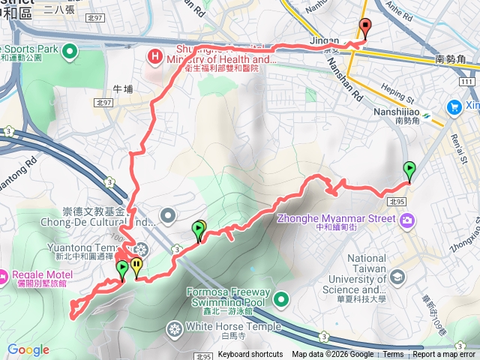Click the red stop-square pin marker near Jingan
pos(365,28)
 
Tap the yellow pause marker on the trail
pos(136,265)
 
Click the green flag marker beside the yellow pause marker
pos(122,268)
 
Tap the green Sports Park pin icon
pos(70,51)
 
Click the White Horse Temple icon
pos(175,328)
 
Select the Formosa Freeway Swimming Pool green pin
pos(281,300)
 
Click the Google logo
pos(28,349)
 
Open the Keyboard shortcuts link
pos(250,355)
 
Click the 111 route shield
pos(467,82)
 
